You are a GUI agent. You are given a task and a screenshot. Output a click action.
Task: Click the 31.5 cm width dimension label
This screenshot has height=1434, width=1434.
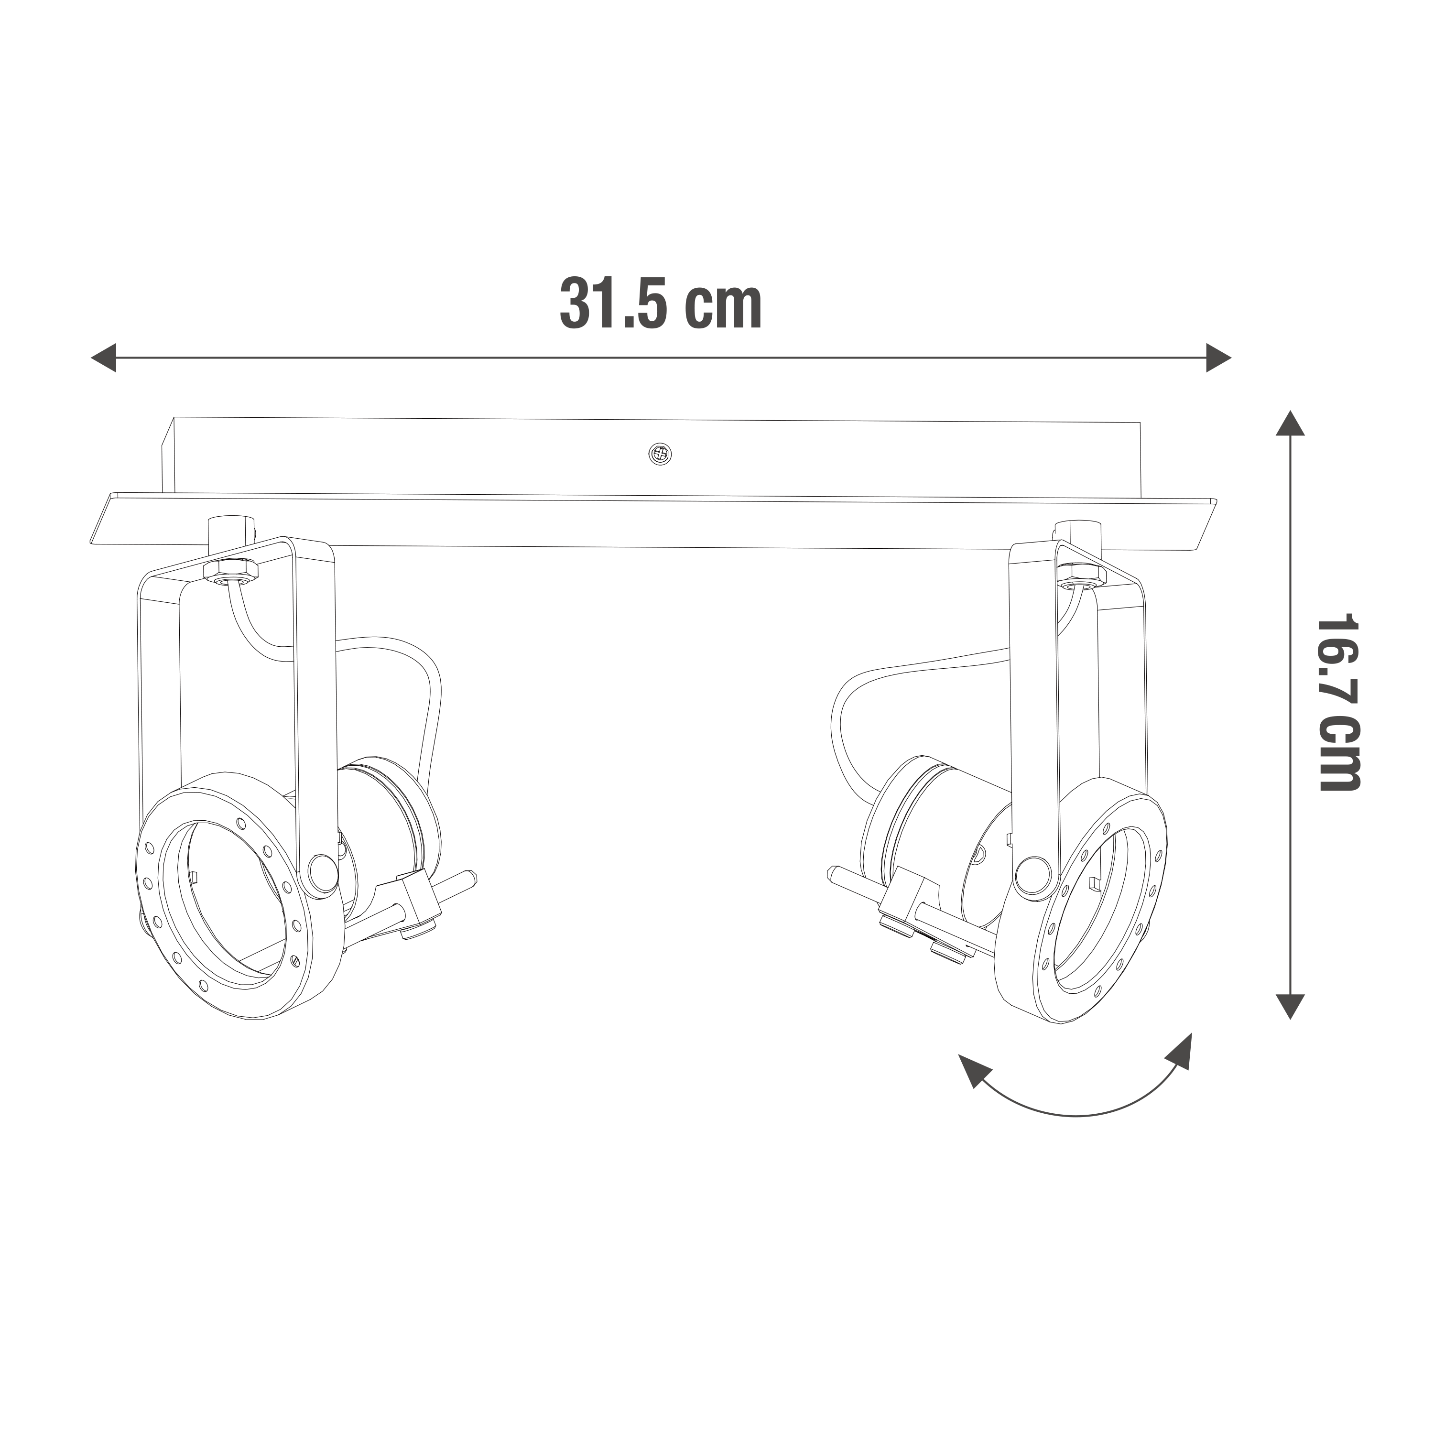[x=661, y=303]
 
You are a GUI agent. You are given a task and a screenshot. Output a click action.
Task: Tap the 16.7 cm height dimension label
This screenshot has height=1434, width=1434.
[x=1338, y=702]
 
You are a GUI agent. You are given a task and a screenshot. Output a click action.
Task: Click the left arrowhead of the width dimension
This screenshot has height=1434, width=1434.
[x=103, y=358]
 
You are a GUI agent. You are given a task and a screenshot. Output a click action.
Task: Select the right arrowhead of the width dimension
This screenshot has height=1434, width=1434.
[x=1219, y=358]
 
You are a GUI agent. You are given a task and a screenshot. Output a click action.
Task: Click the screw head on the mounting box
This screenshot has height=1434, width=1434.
[x=660, y=454]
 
